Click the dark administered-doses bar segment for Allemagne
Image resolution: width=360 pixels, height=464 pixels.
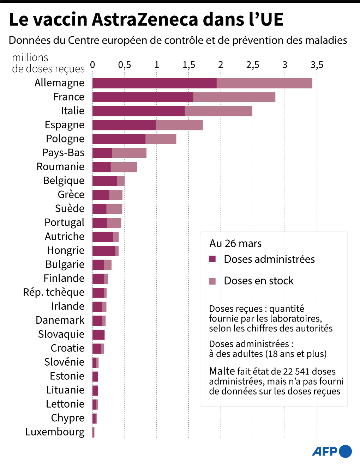pyautogui.click(x=155, y=83)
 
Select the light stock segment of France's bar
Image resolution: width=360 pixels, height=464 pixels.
pyautogui.click(x=234, y=97)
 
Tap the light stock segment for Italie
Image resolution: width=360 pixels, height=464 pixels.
pyautogui.click(x=218, y=111)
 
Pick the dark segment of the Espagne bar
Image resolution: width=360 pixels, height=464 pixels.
pyautogui.click(x=124, y=125)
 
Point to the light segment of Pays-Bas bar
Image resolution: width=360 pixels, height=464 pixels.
pyautogui.click(x=129, y=153)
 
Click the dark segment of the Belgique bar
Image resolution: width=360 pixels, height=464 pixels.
pyautogui.click(x=105, y=181)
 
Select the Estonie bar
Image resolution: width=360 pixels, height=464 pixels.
pyautogui.click(x=95, y=377)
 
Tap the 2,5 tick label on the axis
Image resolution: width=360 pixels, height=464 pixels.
pyautogui.click(x=253, y=65)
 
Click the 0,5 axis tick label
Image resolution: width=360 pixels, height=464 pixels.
pyautogui.click(x=124, y=65)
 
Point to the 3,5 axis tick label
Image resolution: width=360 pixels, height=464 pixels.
pyautogui.click(x=317, y=65)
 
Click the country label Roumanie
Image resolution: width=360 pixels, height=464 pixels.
pyautogui.click(x=60, y=166)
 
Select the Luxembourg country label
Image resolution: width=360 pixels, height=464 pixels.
pyautogui.click(x=55, y=432)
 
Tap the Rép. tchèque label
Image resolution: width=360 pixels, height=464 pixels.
pyautogui.click(x=54, y=292)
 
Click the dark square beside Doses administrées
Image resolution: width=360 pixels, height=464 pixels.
pyautogui.click(x=212, y=259)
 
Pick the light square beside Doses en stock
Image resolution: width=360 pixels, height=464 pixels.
pyautogui.click(x=212, y=281)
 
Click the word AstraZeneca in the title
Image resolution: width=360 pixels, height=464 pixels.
pyautogui.click(x=145, y=19)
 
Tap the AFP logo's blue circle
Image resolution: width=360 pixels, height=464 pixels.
pyautogui.click(x=345, y=452)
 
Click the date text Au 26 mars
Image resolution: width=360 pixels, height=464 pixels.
pyautogui.click(x=235, y=243)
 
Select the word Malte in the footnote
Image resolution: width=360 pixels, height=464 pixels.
pyautogui.click(x=222, y=372)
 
